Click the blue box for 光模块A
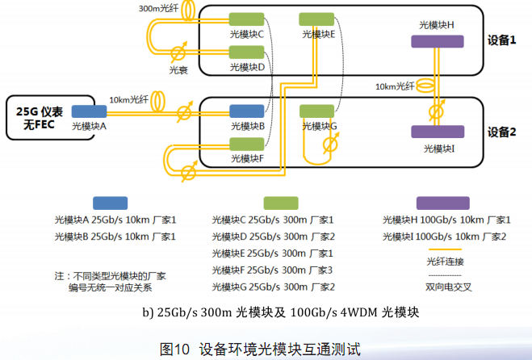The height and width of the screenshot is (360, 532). point(89,111)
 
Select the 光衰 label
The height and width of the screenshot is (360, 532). point(178,69)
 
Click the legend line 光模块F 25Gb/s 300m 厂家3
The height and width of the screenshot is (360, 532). point(273,270)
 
